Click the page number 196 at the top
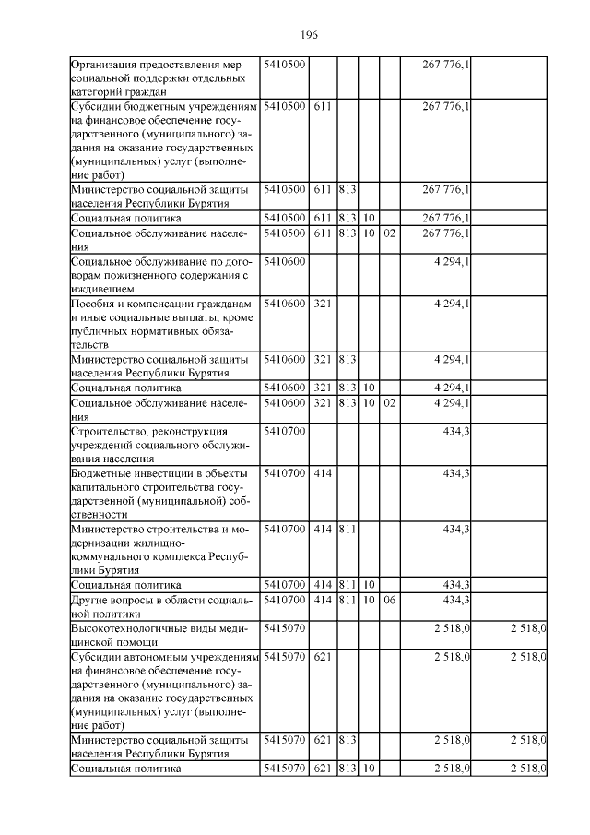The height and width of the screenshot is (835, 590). pyautogui.click(x=309, y=34)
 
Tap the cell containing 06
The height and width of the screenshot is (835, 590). pyautogui.click(x=389, y=601)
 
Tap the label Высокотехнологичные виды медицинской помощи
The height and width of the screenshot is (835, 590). pyautogui.click(x=154, y=634)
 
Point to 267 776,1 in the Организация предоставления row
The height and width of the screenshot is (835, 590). pyautogui.click(x=446, y=64)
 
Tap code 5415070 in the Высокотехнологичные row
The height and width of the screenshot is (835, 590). pyautogui.click(x=284, y=628)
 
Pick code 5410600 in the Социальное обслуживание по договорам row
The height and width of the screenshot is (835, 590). pyautogui.click(x=284, y=261)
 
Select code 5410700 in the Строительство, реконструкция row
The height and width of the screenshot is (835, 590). pyautogui.click(x=284, y=431)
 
